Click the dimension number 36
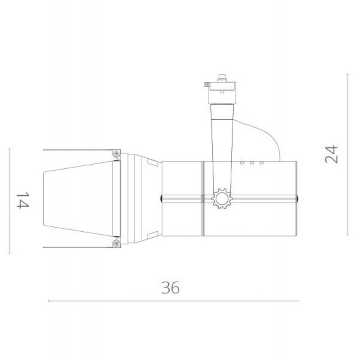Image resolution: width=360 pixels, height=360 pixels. pos(170,288)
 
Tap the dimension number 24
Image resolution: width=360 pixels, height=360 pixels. pos(332,154)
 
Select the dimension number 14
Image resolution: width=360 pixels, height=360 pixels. pos(22,200)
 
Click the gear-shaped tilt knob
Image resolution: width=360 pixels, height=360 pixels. pos(222,198)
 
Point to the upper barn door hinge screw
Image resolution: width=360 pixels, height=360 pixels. pos(117,153)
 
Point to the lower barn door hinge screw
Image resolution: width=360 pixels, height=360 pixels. pos(117,244)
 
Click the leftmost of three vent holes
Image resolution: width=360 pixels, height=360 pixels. pos(242,163)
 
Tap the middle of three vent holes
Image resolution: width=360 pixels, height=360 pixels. pos(252,163)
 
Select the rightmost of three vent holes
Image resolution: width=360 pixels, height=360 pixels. pos(261,163)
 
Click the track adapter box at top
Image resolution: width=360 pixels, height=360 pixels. pos(222,93)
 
